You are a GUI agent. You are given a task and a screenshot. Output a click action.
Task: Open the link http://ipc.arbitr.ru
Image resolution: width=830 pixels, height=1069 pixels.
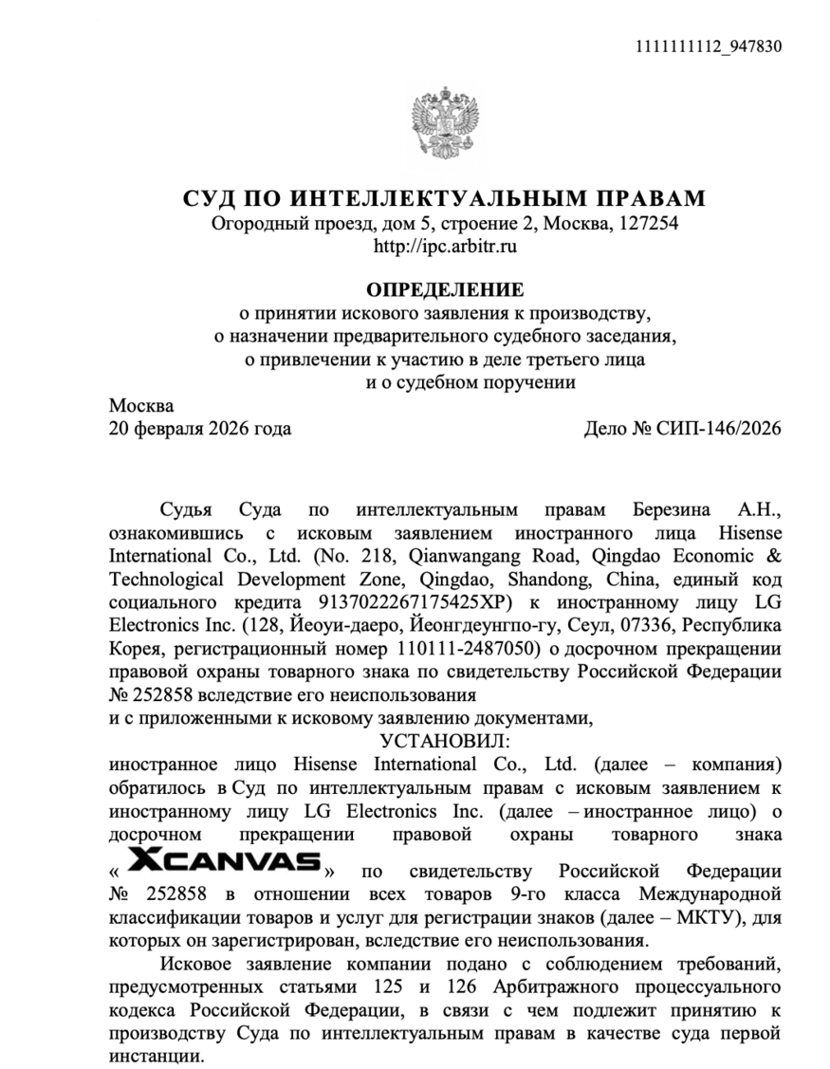point(445,247)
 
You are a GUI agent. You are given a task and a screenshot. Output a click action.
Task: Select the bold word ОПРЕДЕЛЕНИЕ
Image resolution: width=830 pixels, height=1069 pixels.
point(445,288)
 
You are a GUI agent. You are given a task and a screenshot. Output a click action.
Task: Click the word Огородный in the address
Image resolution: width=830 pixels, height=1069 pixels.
point(256,224)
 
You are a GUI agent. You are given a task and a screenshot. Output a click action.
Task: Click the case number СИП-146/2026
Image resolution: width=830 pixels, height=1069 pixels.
point(723,428)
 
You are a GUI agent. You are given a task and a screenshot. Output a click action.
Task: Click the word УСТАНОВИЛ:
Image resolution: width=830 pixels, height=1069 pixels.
point(445,742)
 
